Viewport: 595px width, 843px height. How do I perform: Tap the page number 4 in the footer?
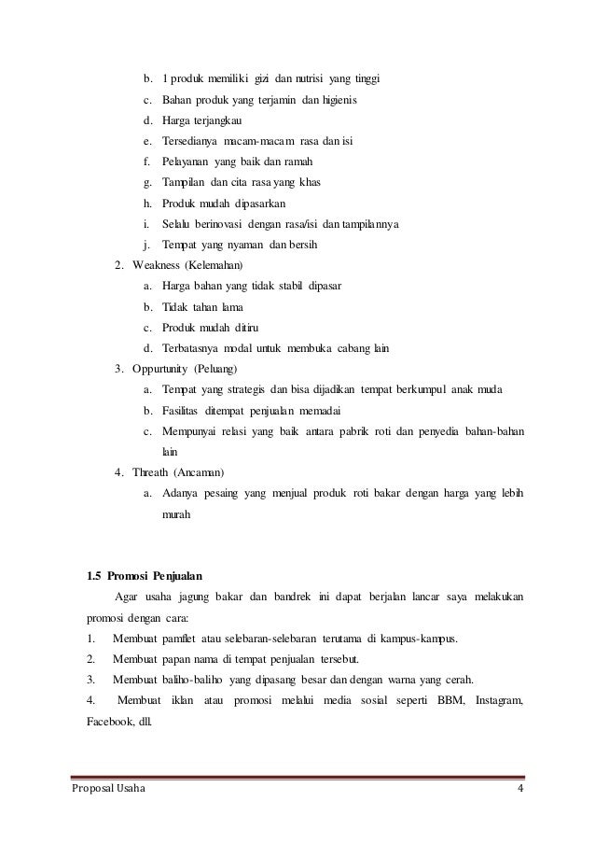coord(520,793)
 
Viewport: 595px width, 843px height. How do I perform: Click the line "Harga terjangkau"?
coord(201,121)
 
